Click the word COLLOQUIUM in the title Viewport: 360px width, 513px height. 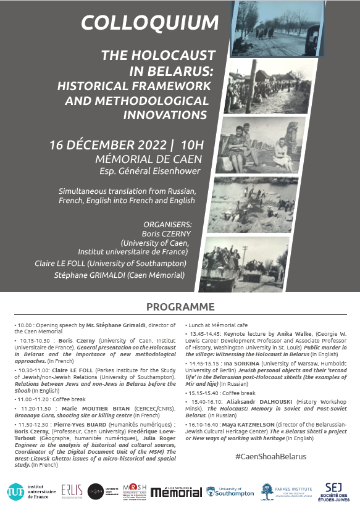tap(149, 23)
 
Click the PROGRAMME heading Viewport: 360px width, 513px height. tap(180, 307)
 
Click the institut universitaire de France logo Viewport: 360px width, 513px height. tap(27, 491)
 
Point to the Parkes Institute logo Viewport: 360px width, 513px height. tap(288, 491)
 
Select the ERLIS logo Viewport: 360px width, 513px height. tap(71, 491)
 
